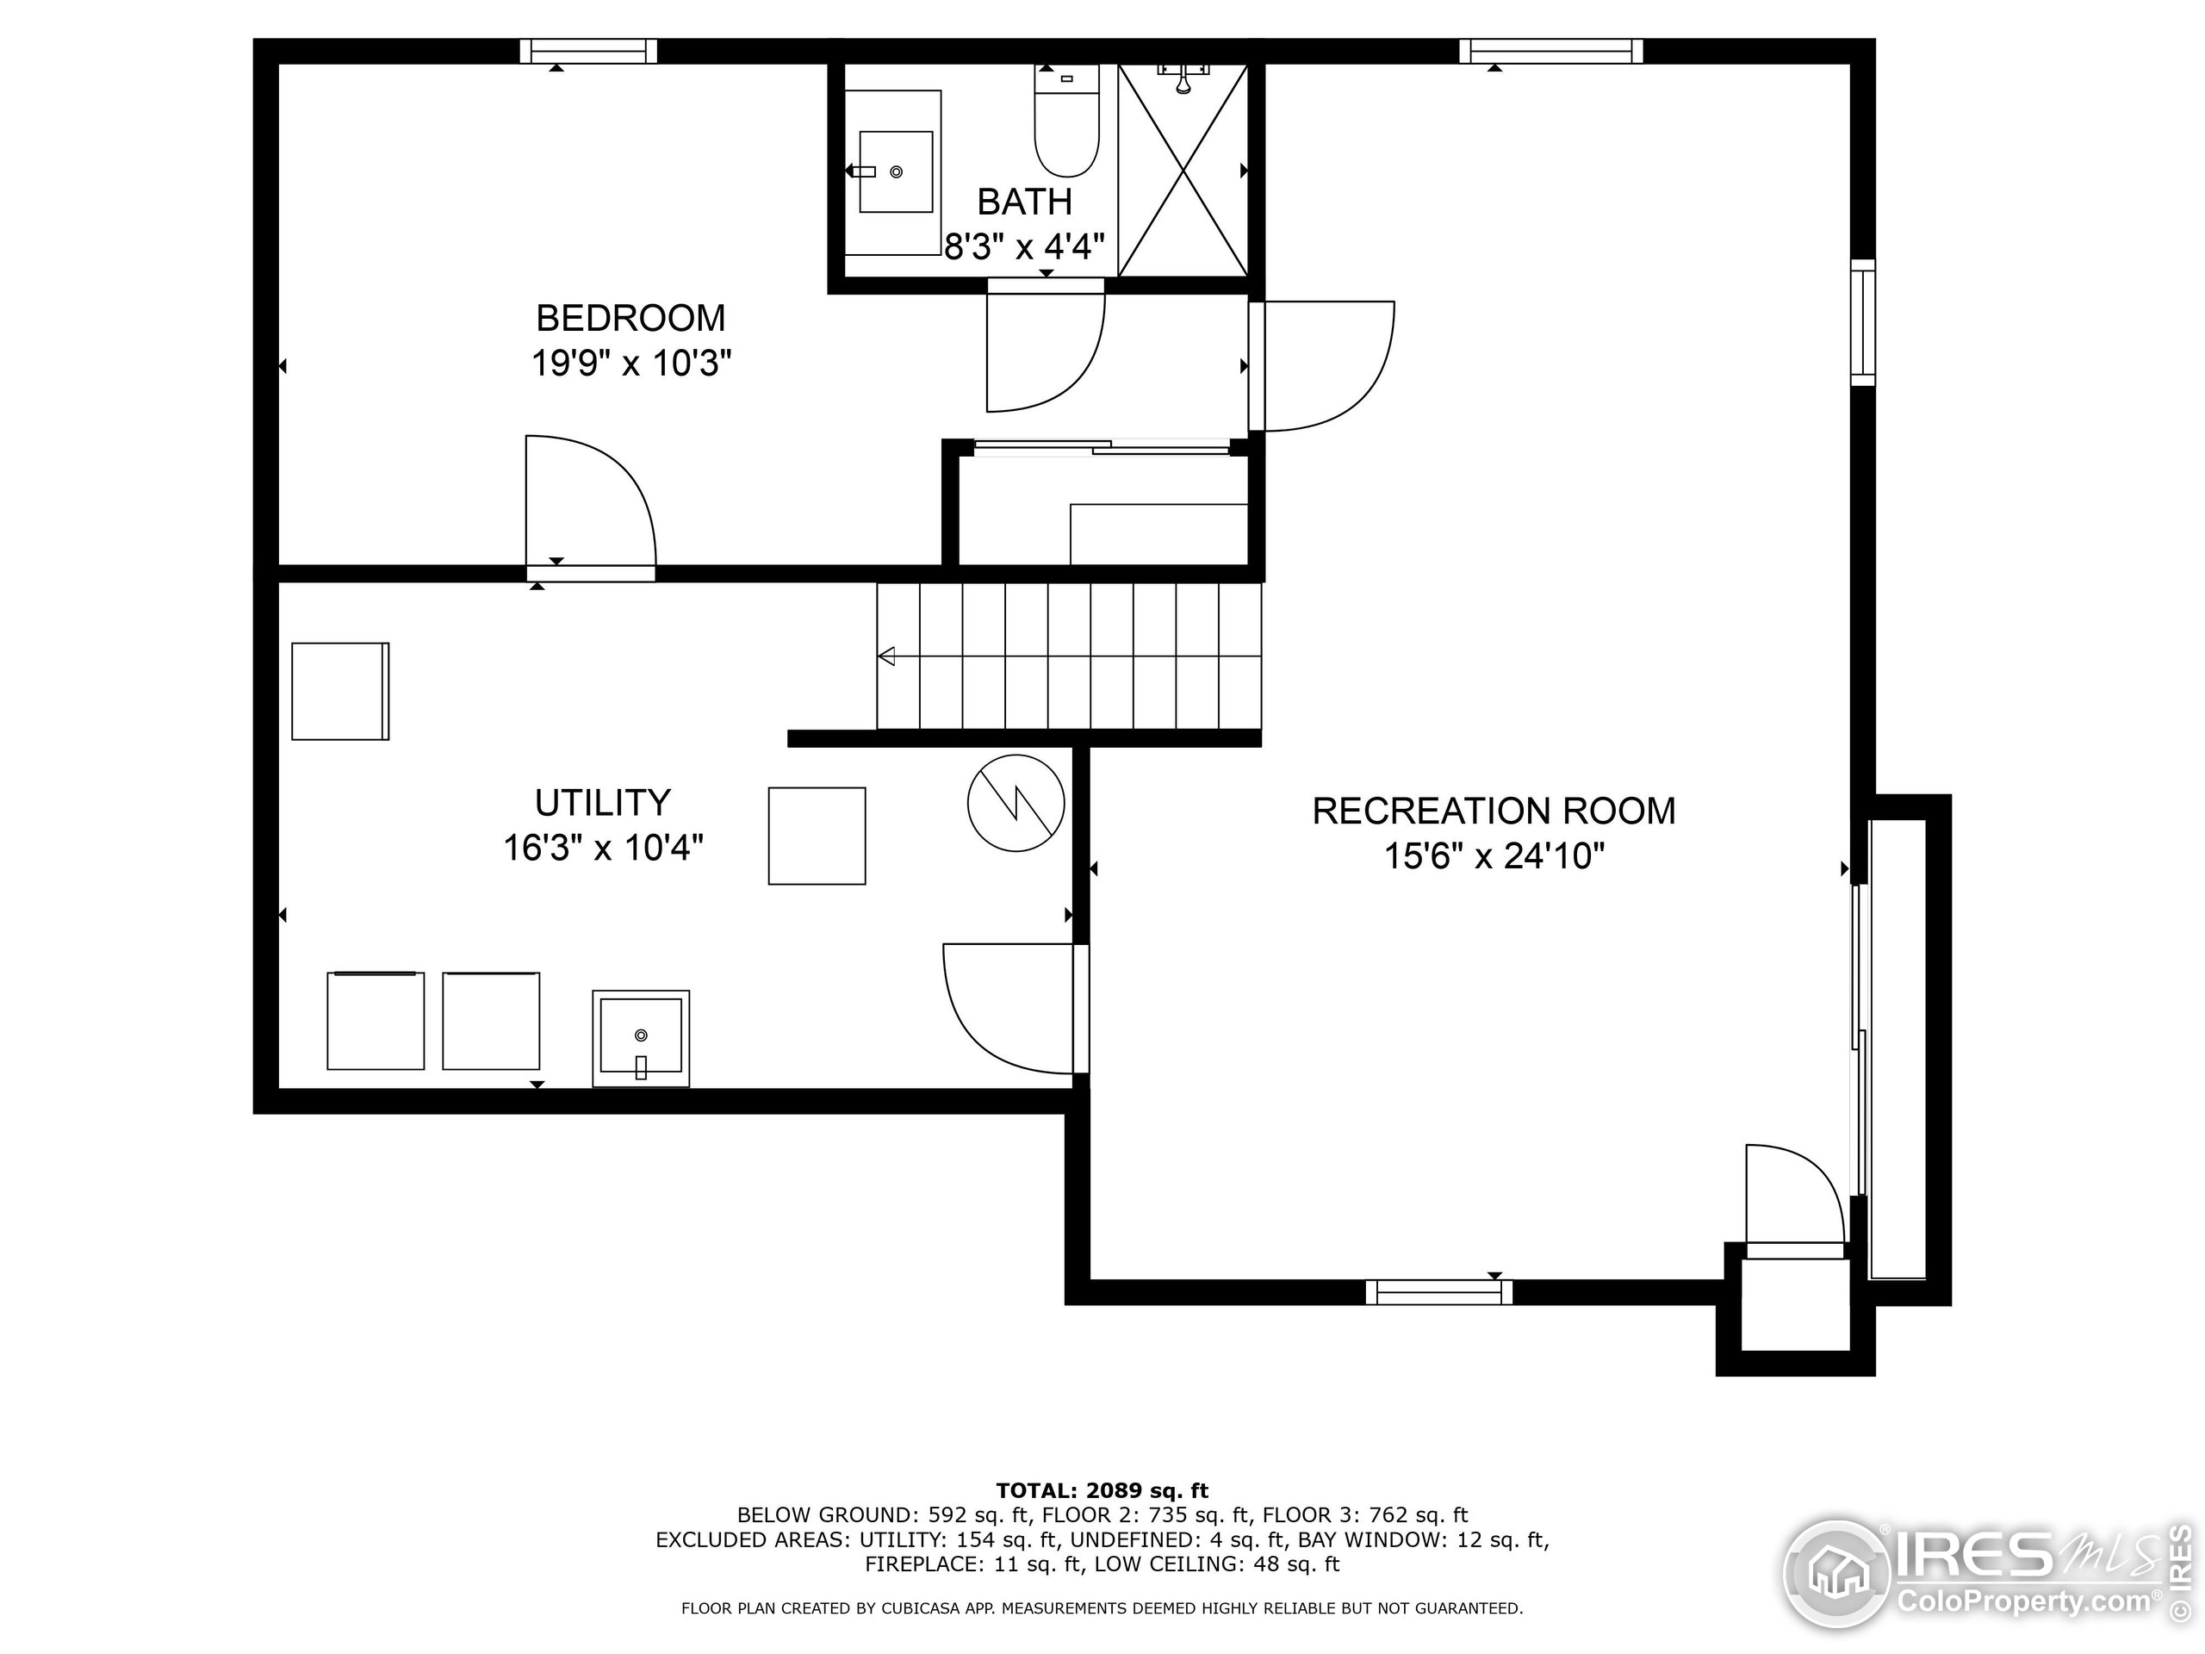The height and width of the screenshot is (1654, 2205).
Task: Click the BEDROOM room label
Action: pyautogui.click(x=630, y=318)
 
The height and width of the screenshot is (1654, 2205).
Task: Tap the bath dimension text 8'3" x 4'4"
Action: pyautogui.click(x=1024, y=246)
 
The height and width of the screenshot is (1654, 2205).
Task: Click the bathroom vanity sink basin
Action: pyautogui.click(x=896, y=171)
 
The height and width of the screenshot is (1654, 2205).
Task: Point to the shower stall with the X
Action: pyautogui.click(x=1183, y=170)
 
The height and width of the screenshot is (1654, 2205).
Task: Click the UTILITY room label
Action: pyautogui.click(x=602, y=803)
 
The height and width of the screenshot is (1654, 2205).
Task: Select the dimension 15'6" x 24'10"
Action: pyautogui.click(x=1494, y=856)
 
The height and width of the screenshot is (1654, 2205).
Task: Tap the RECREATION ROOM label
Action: pyautogui.click(x=1494, y=811)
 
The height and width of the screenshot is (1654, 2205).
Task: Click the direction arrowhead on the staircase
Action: pyautogui.click(x=886, y=656)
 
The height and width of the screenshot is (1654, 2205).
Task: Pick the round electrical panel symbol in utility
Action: pyautogui.click(x=1016, y=803)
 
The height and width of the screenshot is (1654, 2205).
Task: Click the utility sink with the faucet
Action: pyautogui.click(x=640, y=1038)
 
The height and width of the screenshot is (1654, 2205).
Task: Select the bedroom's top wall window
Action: pyautogui.click(x=588, y=51)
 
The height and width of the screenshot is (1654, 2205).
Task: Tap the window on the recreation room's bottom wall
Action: pyautogui.click(x=1438, y=1292)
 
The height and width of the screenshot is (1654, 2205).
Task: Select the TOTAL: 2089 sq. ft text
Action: pyautogui.click(x=1102, y=1491)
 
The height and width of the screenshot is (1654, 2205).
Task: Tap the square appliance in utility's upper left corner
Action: pyautogui.click(x=340, y=691)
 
